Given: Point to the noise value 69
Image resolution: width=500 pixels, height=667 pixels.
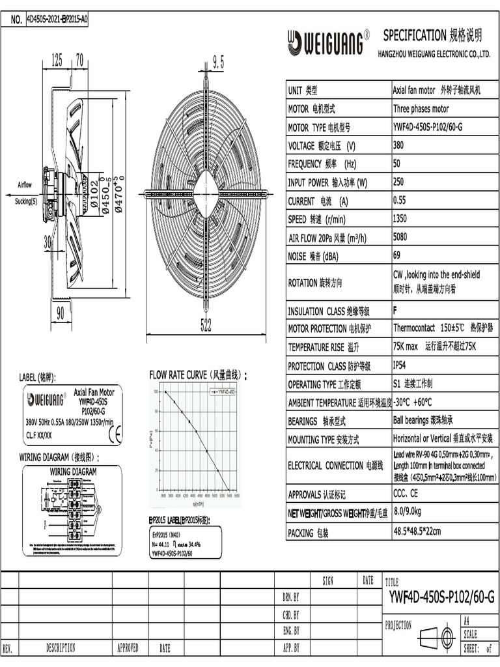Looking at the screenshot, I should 398,255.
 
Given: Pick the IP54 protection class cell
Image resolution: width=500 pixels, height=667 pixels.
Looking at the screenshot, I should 402,365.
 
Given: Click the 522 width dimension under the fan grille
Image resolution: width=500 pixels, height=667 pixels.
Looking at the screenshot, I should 206,328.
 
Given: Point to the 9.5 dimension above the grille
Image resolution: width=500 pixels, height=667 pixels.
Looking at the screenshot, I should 217,62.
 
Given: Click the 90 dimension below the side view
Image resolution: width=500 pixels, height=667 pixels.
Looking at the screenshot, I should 60,314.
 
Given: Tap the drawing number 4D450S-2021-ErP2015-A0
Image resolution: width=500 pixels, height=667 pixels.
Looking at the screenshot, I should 57,20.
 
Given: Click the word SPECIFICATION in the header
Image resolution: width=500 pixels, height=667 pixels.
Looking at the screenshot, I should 414,35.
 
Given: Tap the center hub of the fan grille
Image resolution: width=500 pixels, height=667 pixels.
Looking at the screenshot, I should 206,193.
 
